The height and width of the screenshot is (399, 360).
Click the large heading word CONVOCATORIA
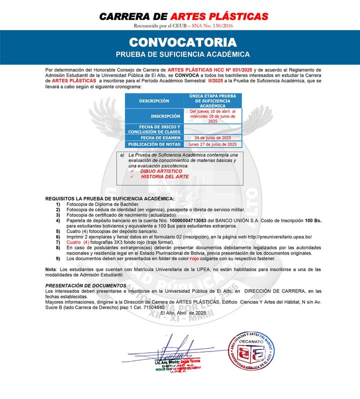pos(182,41)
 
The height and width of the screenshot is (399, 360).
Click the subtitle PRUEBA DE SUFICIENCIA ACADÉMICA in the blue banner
pos(182,54)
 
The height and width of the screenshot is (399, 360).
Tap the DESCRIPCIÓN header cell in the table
pos(154,101)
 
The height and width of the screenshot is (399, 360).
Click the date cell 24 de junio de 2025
pos(212,137)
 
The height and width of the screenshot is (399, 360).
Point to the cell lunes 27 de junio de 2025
pos(212,144)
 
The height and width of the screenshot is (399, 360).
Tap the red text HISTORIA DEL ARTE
pos(164,176)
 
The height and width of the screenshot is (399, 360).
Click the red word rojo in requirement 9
pos(194,258)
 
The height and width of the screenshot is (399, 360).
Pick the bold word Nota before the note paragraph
pos(51,269)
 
